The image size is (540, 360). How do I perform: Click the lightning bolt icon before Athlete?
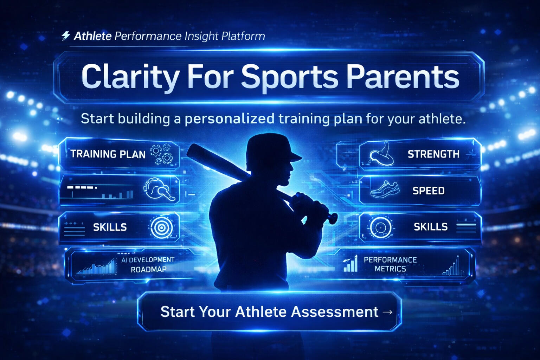coord(65,36)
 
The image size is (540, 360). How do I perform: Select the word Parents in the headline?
coord(403,77)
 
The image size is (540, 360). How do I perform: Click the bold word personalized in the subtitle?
coord(230,119)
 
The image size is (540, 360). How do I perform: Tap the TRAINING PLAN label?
coord(108,154)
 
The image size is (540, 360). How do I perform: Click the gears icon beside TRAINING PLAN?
coord(162,154)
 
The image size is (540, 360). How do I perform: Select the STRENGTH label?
coord(433,154)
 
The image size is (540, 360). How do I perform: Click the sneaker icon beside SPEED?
coord(385,189)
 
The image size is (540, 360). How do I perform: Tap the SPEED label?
coord(428,191)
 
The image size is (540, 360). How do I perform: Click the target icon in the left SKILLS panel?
coord(161,227)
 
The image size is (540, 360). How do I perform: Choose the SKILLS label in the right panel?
coord(431,227)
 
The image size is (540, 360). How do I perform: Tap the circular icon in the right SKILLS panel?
coord(380,227)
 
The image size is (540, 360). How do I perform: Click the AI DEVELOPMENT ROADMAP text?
coord(148,264)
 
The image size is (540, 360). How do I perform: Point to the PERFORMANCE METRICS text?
coord(390,264)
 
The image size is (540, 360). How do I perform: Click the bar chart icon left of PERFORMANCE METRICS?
coord(351,264)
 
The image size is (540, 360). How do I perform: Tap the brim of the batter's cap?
coord(295,157)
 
